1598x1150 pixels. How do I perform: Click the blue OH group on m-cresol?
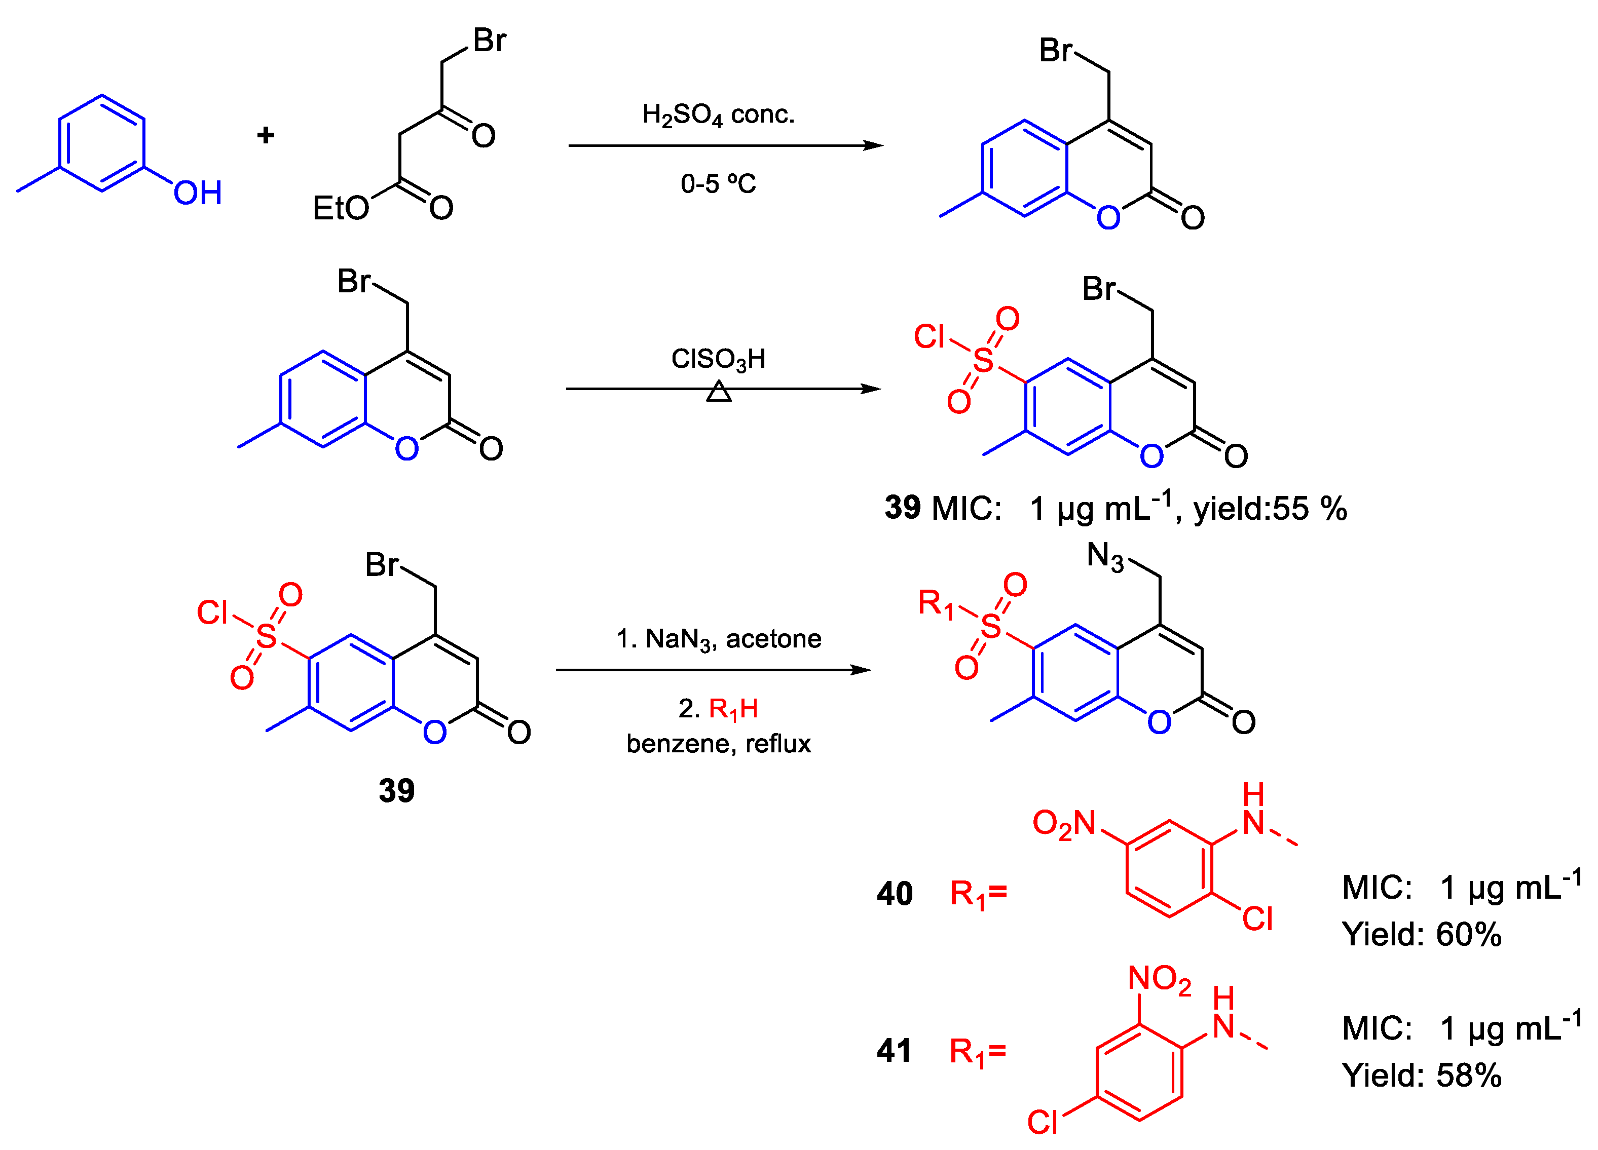(197, 193)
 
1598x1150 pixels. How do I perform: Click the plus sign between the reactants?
(266, 135)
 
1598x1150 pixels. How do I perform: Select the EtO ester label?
(340, 208)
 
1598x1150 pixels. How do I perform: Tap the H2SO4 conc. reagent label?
(718, 115)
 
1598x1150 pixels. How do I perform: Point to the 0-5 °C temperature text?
(718, 184)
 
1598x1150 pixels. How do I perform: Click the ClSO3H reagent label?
(718, 359)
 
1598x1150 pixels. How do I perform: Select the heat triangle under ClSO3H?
(719, 392)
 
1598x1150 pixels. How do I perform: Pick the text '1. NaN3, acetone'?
(719, 639)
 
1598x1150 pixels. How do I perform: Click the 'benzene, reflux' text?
(719, 744)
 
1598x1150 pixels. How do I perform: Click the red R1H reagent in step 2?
(733, 708)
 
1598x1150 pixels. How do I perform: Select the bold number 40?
(895, 894)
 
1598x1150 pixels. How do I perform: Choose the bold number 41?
(894, 1051)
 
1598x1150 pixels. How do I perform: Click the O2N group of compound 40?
(1064, 823)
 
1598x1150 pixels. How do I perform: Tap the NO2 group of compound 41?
(1159, 979)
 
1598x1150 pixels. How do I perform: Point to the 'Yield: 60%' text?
(1422, 935)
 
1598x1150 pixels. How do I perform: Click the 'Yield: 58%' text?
(1422, 1076)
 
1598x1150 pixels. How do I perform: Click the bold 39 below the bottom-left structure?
(397, 791)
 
